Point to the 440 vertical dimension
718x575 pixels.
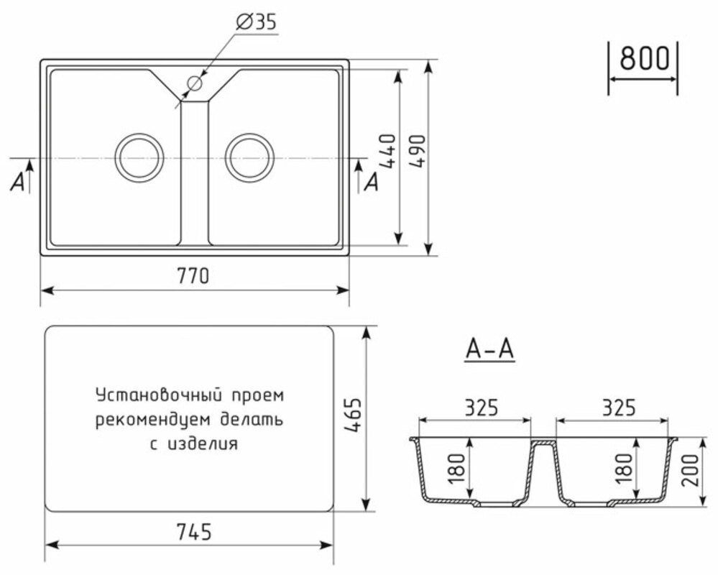387,152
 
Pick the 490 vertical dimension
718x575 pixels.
418,152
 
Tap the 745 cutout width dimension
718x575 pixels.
193,533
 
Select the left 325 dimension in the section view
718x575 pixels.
475,408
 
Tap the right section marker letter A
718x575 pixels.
371,183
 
